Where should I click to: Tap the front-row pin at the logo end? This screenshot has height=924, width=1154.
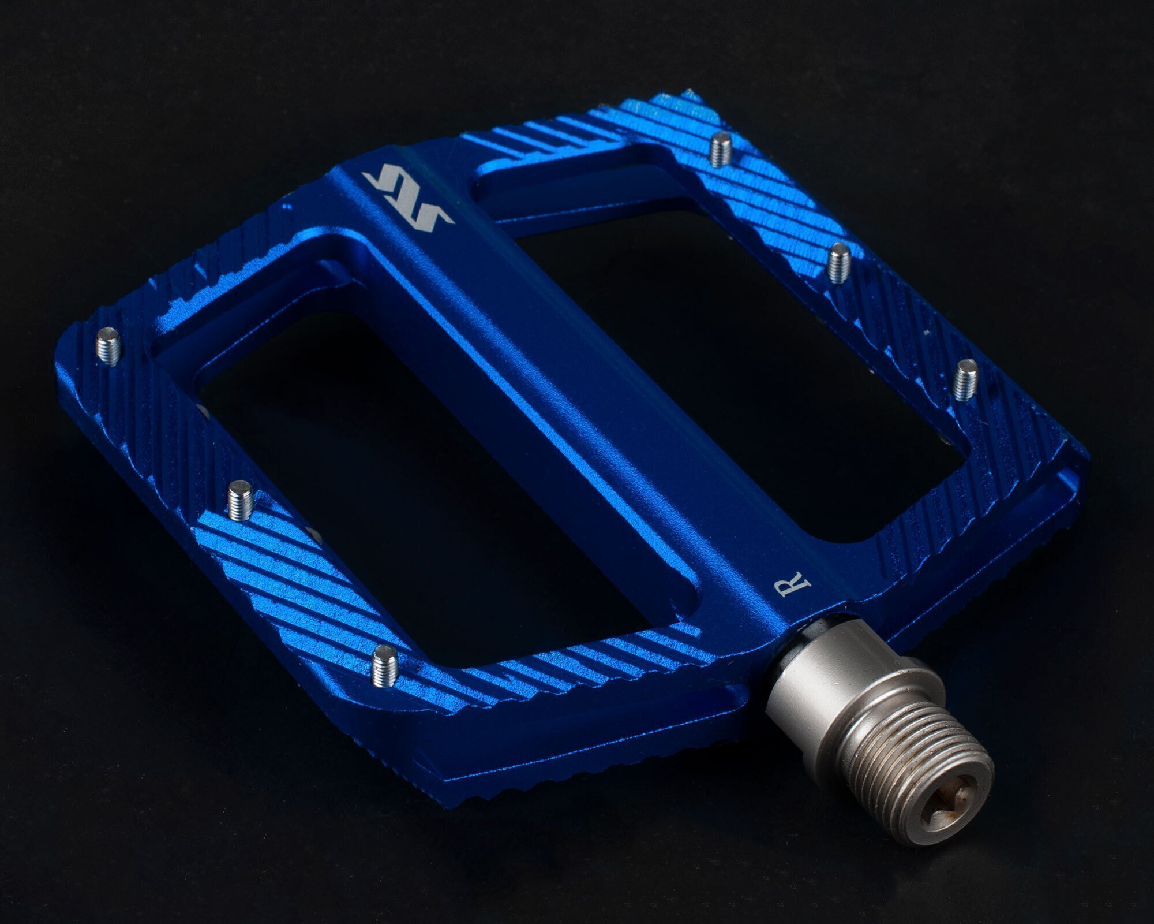(x=108, y=345)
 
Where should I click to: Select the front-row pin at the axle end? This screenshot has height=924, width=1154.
(x=384, y=665)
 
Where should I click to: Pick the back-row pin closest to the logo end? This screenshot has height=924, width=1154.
(x=720, y=150)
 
